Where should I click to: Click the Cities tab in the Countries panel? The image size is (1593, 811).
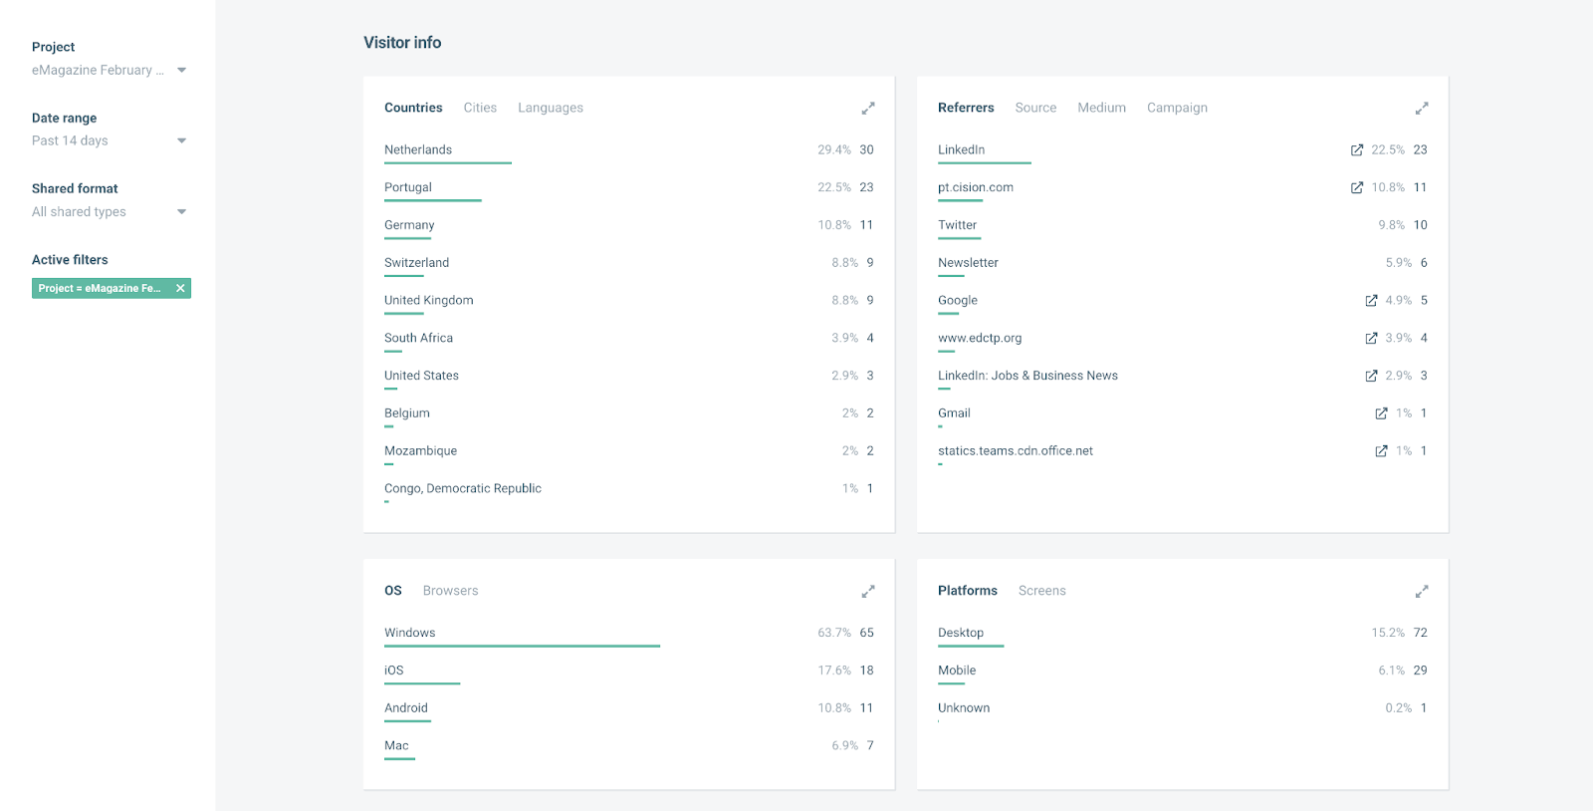pos(480,108)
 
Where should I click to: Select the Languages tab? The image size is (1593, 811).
pos(551,108)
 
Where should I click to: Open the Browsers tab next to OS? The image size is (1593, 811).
pos(450,591)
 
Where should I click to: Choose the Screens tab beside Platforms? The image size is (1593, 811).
pos(1041,591)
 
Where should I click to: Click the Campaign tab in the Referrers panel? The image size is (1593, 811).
pos(1177,108)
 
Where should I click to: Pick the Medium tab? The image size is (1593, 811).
pos(1101,108)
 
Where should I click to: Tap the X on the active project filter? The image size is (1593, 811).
pos(180,288)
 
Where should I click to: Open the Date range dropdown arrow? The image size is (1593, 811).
pos(181,140)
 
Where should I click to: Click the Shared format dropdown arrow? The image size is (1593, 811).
pos(181,211)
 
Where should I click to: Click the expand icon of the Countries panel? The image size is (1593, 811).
pos(868,108)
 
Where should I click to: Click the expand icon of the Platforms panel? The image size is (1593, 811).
pos(1422,592)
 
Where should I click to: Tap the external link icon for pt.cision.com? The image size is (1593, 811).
pos(1356,187)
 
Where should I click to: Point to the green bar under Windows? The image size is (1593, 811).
pos(522,647)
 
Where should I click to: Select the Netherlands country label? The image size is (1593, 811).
pos(418,149)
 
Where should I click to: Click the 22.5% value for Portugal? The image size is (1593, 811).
pos(834,187)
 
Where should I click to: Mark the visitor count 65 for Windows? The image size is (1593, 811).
pos(866,633)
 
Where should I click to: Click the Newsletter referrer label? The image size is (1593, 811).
pos(968,263)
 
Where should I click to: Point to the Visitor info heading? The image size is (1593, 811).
pos(402,43)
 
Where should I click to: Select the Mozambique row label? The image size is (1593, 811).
pos(420,451)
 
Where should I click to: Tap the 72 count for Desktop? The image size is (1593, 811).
pos(1420,633)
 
